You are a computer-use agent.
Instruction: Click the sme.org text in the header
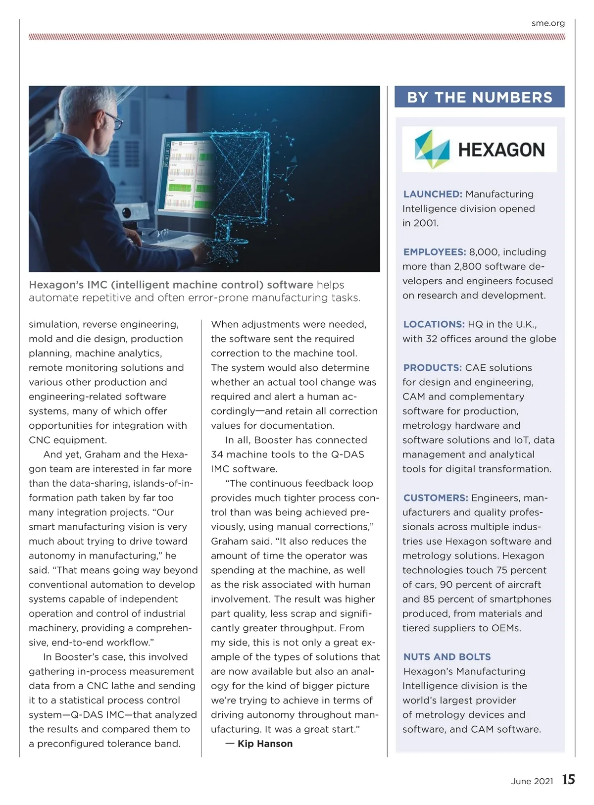point(548,23)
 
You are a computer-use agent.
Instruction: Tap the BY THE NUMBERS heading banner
point(479,97)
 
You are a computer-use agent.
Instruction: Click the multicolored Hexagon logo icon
point(432,149)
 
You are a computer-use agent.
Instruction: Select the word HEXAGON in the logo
point(501,150)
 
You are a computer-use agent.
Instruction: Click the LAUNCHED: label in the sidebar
point(433,194)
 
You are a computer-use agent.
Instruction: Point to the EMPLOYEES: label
point(435,252)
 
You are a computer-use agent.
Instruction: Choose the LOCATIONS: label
point(434,324)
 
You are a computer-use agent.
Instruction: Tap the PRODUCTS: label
point(433,368)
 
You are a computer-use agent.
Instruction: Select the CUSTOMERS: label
point(436,498)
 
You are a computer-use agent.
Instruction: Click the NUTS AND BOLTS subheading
point(447,657)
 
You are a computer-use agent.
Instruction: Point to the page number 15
point(568,780)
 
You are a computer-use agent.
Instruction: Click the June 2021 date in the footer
point(532,781)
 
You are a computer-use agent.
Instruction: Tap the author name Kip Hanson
point(265,744)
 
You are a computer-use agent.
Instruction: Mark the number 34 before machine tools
point(218,454)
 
